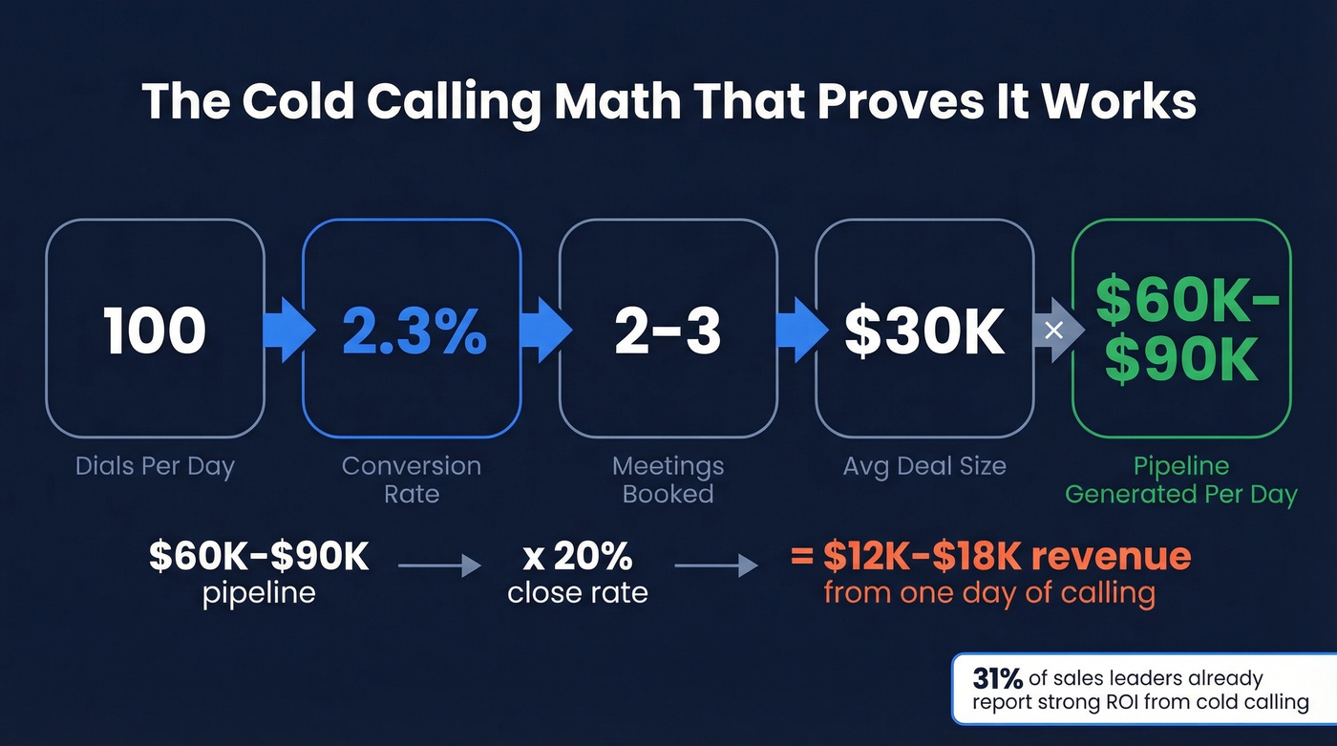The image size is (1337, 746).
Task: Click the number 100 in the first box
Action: coord(155,330)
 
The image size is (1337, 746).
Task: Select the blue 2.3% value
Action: coord(413,330)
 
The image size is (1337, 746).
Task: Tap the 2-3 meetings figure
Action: coord(668,330)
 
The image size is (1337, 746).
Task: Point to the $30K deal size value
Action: coord(924,330)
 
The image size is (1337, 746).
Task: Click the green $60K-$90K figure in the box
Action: coord(1181,330)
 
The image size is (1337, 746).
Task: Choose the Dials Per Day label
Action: coord(155,467)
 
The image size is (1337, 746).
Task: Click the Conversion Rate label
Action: coord(412,480)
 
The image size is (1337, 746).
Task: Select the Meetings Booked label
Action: coord(668,480)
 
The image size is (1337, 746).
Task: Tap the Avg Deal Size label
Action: coord(924,467)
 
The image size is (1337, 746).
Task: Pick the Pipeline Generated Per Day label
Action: coord(1181,480)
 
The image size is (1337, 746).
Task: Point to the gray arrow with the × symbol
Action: coord(1053,330)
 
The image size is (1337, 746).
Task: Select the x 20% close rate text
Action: coord(578,572)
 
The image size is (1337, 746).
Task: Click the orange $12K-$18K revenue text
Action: coord(991,556)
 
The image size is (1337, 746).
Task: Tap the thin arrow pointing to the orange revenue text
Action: coord(716,566)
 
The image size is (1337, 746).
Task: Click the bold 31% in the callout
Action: coord(997,678)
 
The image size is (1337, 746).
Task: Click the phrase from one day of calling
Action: coord(989,592)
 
